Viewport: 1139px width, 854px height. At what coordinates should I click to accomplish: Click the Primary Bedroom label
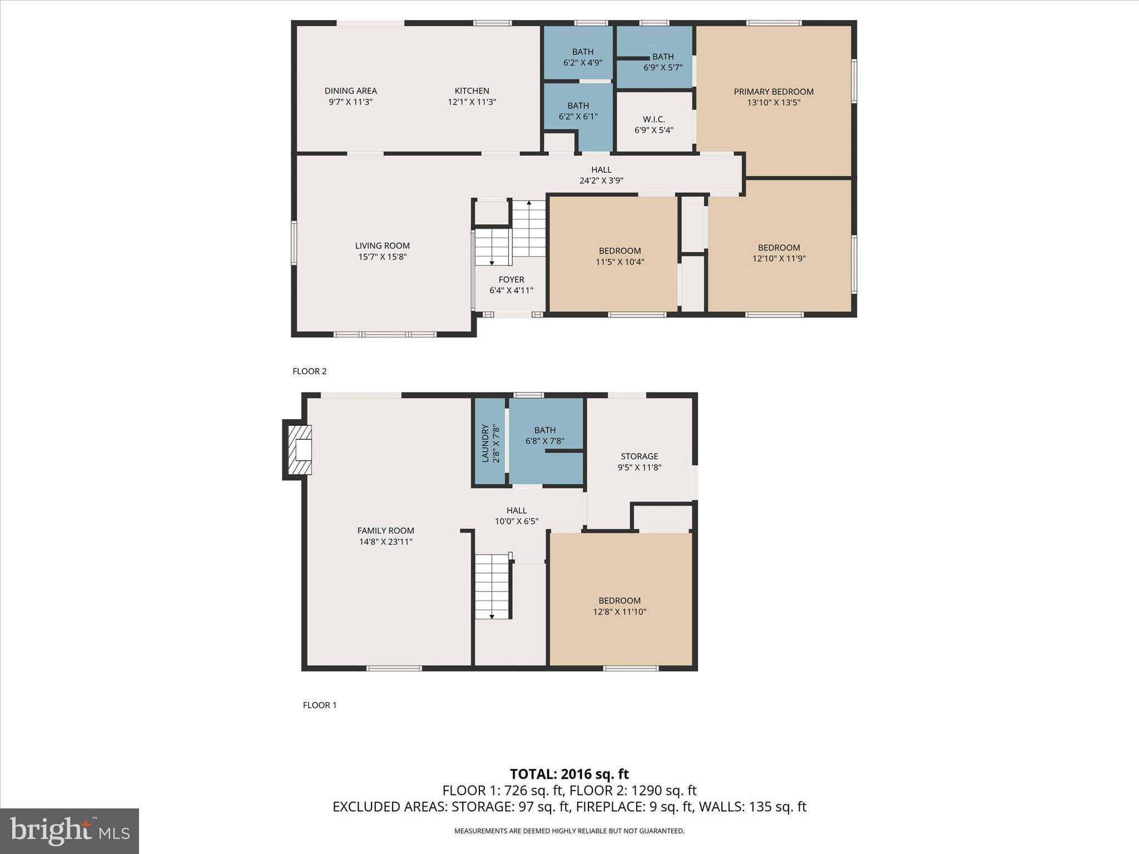[x=773, y=92]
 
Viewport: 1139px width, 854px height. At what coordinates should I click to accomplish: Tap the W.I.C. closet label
[x=653, y=120]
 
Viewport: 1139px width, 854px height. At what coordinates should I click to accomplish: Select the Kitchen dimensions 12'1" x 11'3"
[x=472, y=102]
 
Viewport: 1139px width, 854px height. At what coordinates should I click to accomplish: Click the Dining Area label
[x=350, y=91]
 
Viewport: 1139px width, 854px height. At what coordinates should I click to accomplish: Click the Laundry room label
[x=485, y=443]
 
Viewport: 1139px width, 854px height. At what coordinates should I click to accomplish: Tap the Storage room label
[x=639, y=456]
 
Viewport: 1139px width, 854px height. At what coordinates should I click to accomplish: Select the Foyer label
[x=511, y=280]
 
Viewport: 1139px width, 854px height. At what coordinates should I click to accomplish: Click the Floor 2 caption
[x=309, y=371]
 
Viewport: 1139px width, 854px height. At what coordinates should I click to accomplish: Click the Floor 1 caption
[x=319, y=705]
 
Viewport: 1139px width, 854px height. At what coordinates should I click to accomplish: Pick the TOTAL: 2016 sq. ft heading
[x=569, y=774]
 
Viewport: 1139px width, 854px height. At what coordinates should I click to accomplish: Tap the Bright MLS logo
[x=70, y=831]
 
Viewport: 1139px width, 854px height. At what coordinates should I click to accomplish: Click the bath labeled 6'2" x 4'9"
[x=582, y=57]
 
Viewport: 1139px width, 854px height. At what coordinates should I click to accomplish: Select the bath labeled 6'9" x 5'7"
[x=662, y=62]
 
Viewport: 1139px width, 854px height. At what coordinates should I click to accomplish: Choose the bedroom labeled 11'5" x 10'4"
[x=620, y=256]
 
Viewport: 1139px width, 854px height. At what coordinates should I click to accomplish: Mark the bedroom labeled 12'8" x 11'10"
[x=620, y=606]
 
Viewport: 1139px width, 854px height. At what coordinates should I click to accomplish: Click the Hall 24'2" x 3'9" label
[x=601, y=175]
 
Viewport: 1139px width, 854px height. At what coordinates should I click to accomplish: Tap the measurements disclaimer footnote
[x=569, y=831]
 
